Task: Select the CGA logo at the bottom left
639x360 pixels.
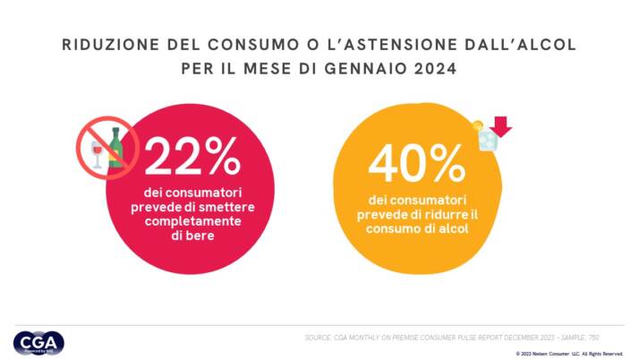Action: click(x=38, y=342)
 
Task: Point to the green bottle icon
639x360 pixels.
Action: click(x=115, y=149)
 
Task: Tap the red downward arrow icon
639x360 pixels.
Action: click(x=500, y=128)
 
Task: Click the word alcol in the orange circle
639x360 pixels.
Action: click(x=451, y=227)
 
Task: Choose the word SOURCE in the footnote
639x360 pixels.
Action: click(x=319, y=338)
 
